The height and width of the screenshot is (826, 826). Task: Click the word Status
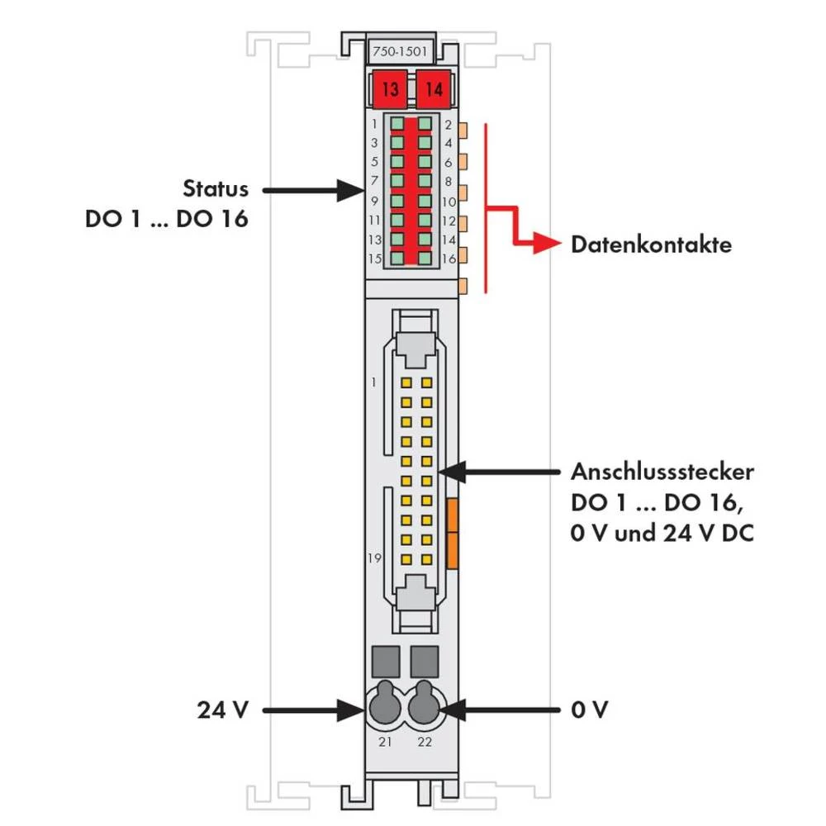[x=215, y=188]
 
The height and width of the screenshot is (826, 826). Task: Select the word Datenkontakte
[x=651, y=245]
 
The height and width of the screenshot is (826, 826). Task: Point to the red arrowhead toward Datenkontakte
[x=543, y=244]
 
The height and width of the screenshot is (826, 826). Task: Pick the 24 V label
[x=222, y=710]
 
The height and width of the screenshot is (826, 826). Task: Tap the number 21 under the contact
[x=386, y=742]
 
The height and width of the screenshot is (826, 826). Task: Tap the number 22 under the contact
[x=425, y=742]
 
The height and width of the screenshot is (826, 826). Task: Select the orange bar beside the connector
[x=452, y=532]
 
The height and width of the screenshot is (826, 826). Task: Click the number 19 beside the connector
[x=375, y=558]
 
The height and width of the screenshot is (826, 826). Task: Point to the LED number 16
[x=449, y=259]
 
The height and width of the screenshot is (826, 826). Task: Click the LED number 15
[x=374, y=259]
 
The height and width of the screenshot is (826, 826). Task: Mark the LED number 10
[x=449, y=201]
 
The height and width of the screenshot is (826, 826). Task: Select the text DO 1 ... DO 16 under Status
[x=166, y=221]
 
